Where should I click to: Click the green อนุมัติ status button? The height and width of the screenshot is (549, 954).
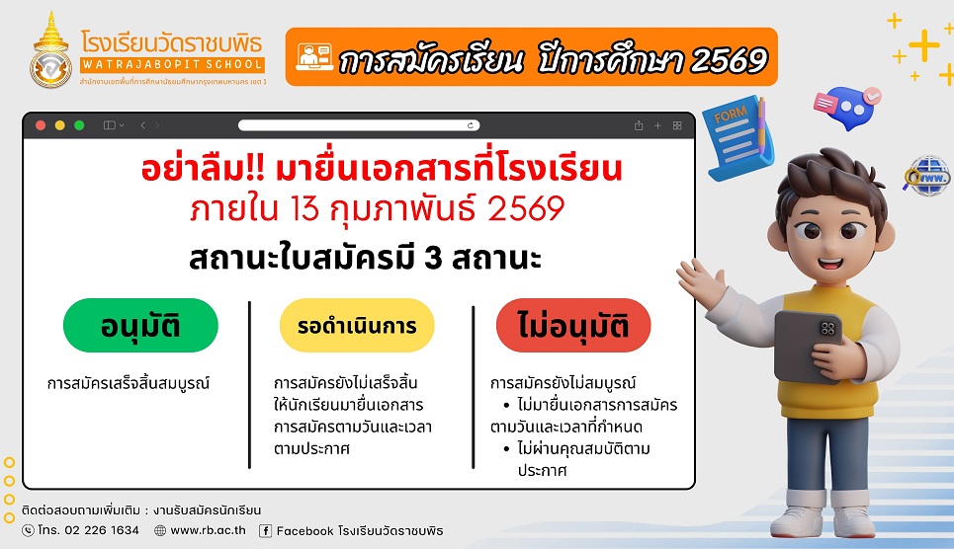coord(140,325)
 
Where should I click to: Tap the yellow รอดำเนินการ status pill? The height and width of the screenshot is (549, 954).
coord(357,325)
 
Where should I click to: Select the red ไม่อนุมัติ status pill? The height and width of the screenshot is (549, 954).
coord(573,325)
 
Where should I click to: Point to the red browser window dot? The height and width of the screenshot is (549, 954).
coord(41,125)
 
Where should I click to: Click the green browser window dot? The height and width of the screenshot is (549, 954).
coord(79,125)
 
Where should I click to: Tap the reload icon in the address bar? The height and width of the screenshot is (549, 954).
coord(471,125)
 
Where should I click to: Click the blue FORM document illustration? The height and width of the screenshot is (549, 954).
coord(737,137)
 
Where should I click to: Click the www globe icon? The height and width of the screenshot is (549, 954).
coord(926,177)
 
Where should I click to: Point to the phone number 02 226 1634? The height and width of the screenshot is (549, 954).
coord(102,530)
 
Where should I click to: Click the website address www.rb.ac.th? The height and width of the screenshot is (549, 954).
coord(208,530)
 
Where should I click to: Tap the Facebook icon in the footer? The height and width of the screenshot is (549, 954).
coord(265,531)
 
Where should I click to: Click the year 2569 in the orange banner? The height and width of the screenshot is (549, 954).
coord(730,60)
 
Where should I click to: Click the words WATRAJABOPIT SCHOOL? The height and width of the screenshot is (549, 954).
coord(172,64)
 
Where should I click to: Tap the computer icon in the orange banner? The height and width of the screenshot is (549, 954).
coord(314,57)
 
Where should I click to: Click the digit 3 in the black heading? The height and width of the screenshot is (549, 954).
coord(433,258)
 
